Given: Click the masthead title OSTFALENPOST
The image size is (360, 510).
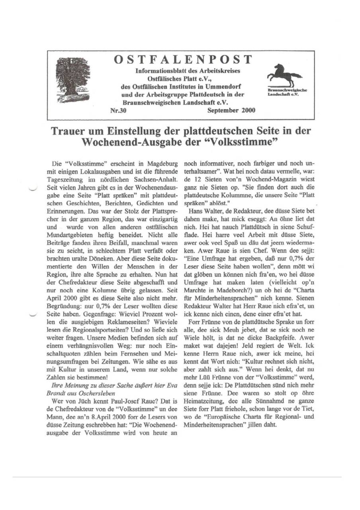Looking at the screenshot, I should click(x=183, y=60).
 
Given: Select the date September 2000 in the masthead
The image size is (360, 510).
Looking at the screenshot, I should click(x=231, y=110).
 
